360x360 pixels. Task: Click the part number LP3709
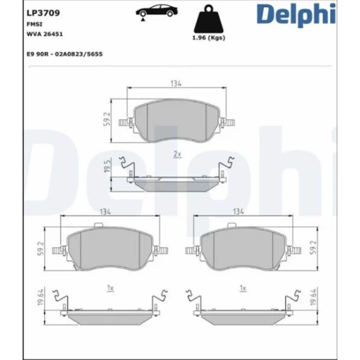[43, 13]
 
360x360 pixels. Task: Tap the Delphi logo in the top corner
[296, 15]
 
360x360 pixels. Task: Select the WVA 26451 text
[45, 34]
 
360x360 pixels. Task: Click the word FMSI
[34, 24]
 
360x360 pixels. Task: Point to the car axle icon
[156, 13]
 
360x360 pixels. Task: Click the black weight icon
[209, 19]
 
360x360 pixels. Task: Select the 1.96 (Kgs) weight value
[209, 38]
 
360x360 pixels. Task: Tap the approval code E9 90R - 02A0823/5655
[64, 54]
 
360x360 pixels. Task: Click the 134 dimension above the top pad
[176, 83]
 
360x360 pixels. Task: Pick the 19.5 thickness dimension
[107, 166]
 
